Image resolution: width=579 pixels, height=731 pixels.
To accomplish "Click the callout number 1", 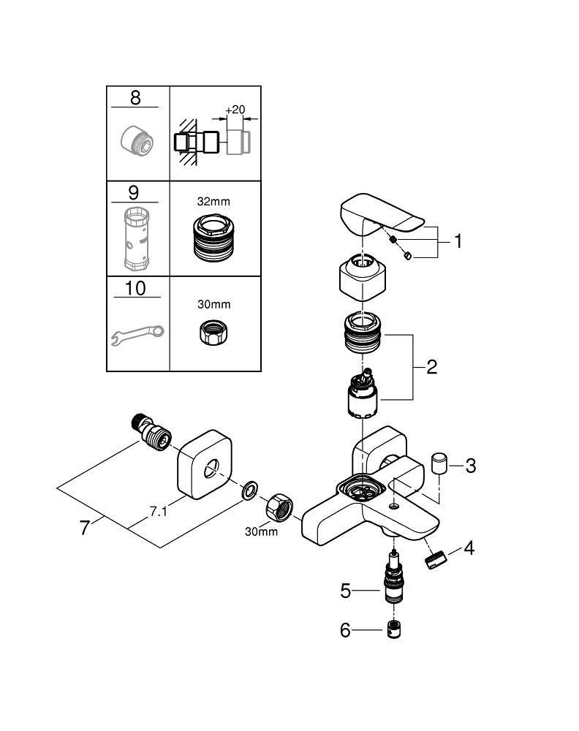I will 458,240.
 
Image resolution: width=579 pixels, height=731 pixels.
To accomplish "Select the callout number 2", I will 431,367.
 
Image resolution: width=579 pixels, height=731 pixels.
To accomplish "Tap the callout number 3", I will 470,465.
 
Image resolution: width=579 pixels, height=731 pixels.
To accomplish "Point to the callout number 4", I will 469,548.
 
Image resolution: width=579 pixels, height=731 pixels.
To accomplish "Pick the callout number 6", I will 346,629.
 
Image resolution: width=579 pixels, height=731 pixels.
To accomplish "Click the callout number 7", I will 85,526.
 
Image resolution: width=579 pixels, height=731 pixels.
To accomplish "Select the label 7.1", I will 159,512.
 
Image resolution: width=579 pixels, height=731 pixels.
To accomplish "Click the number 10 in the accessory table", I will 135,288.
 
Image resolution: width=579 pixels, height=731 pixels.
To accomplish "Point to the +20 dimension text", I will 235,110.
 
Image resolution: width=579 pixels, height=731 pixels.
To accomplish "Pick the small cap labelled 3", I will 439,463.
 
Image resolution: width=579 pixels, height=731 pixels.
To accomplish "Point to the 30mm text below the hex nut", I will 261,531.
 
